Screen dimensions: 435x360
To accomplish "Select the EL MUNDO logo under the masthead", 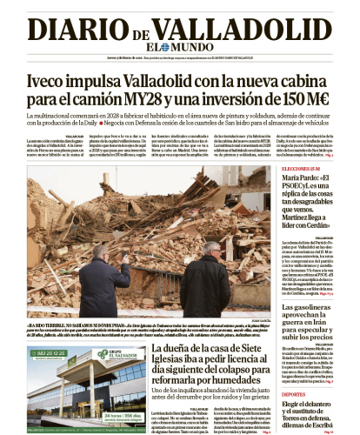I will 180,48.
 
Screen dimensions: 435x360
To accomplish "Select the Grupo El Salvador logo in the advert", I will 113,355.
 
